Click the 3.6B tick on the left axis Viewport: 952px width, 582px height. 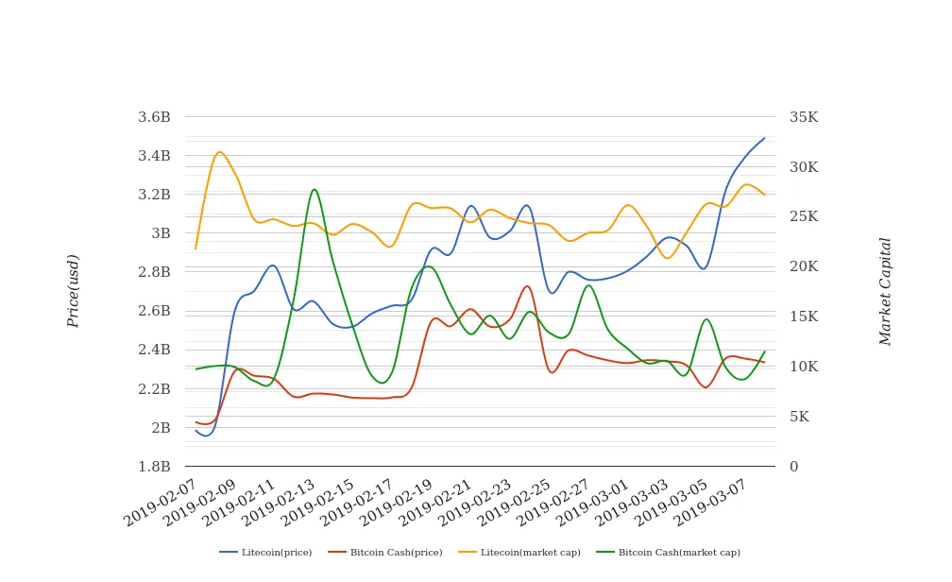tap(154, 117)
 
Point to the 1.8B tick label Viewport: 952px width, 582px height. tap(154, 467)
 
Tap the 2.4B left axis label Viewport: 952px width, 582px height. tap(154, 350)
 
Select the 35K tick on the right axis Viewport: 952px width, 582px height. tap(804, 117)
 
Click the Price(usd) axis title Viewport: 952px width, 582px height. tap(74, 291)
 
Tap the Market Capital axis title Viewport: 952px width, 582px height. tap(885, 291)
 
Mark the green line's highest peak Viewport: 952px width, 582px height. tap(314, 189)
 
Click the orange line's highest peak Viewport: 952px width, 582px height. tap(219, 152)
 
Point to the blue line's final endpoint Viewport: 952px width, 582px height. tap(765, 138)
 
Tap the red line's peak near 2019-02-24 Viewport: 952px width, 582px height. tap(527, 286)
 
